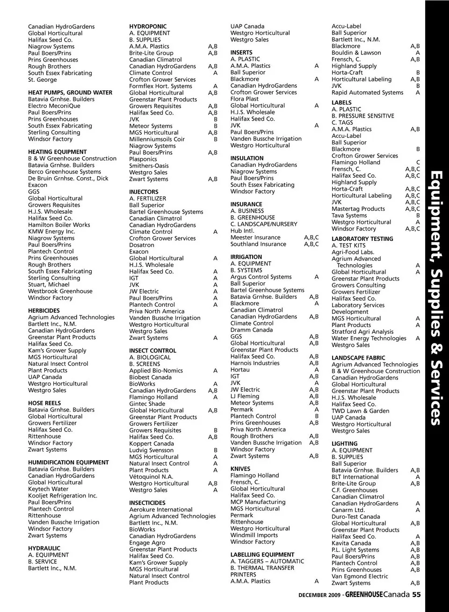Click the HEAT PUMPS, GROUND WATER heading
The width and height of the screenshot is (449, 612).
pyautogui.click(x=70, y=93)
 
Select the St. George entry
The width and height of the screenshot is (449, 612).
pyautogui.click(x=42, y=79)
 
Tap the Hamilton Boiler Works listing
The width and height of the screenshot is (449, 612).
pyautogui.click(x=59, y=225)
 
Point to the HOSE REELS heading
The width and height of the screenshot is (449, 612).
pyautogui.click(x=44, y=403)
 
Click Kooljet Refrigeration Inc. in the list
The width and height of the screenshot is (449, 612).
pyautogui.click(x=63, y=496)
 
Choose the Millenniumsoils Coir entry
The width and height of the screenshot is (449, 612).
pyautogui.click(x=157, y=139)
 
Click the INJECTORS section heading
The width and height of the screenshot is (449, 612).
pyautogui.click(x=144, y=192)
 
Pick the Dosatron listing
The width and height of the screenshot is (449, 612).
pyautogui.click(x=142, y=245)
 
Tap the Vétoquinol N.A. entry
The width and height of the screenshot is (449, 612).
pyautogui.click(x=151, y=477)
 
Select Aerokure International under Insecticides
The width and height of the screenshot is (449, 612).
pyautogui.click(x=161, y=510)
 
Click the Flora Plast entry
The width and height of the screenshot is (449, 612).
pyautogui.click(x=244, y=99)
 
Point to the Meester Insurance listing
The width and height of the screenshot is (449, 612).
pyautogui.click(x=255, y=238)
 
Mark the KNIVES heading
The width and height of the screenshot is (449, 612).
pyautogui.click(x=240, y=469)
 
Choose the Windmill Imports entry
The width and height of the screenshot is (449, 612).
pyautogui.click(x=254, y=535)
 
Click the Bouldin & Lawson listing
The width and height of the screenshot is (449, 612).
pyautogui.click(x=356, y=53)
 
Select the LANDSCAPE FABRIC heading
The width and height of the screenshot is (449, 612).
pyautogui.click(x=358, y=358)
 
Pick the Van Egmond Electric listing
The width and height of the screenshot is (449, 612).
pyautogui.click(x=360, y=576)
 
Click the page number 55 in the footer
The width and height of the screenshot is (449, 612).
pyautogui.click(x=416, y=595)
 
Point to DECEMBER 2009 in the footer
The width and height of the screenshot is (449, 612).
pyautogui.click(x=319, y=595)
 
